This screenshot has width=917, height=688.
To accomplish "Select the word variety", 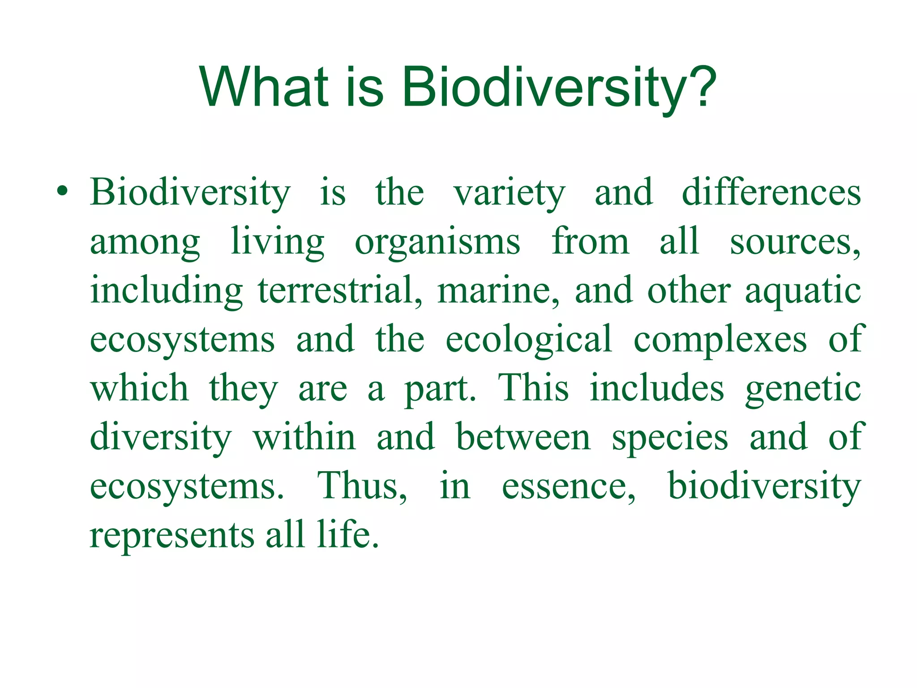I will [x=509, y=194].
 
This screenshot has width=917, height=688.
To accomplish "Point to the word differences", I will [x=771, y=193].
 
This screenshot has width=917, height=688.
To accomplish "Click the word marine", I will [x=497, y=291].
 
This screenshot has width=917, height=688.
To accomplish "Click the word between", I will [x=523, y=437].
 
